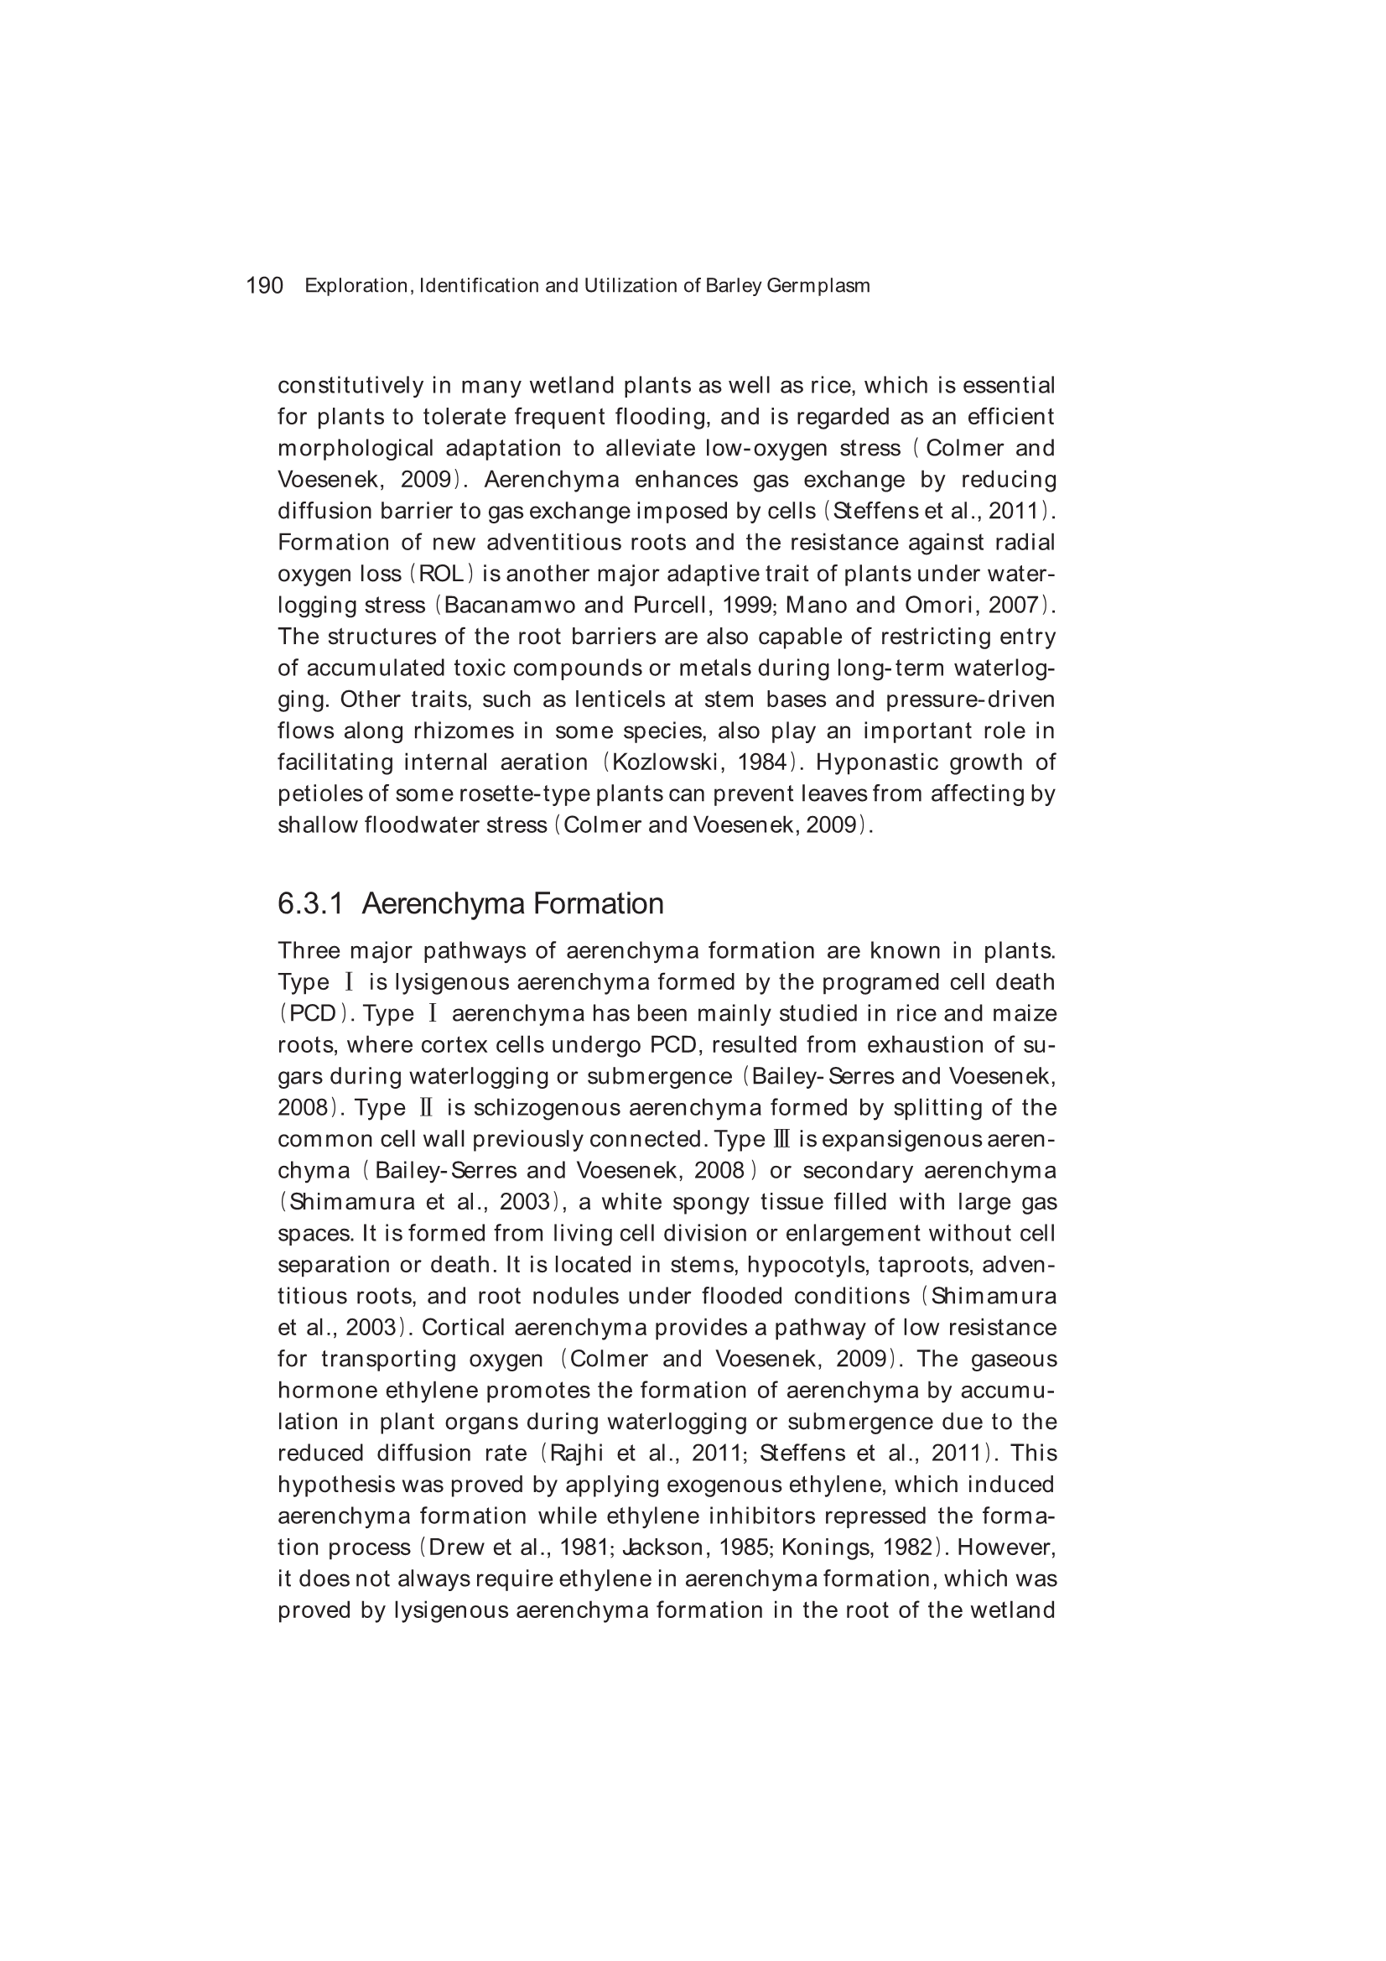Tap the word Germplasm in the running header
[x=818, y=286]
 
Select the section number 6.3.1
[x=310, y=903]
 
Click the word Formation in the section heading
[x=601, y=903]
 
